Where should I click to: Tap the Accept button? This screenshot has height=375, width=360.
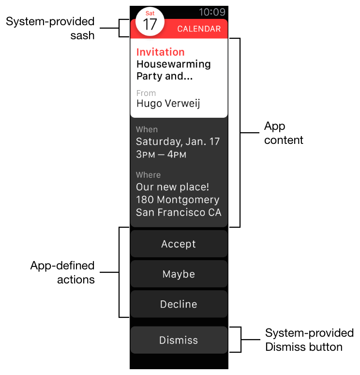(x=179, y=244)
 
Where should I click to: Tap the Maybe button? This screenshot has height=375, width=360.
(x=179, y=274)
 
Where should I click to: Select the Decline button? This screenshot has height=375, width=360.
(x=179, y=304)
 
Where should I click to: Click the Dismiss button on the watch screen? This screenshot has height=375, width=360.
(x=179, y=340)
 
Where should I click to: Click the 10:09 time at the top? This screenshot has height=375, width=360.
(x=212, y=12)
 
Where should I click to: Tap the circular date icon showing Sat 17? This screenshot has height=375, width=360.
(x=150, y=22)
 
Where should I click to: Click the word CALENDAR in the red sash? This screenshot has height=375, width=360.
(x=199, y=29)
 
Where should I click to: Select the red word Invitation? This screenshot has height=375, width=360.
(x=160, y=52)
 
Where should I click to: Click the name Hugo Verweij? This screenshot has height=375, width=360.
(x=168, y=103)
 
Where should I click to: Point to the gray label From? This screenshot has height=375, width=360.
(x=146, y=93)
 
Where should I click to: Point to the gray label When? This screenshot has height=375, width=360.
(x=147, y=129)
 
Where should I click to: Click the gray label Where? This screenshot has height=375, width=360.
(x=148, y=175)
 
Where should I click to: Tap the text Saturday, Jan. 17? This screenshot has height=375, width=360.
(x=178, y=142)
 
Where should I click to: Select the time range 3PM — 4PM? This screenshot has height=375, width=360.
(x=161, y=155)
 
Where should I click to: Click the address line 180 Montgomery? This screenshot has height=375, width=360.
(x=177, y=200)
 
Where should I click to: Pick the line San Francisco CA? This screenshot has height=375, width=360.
(x=179, y=212)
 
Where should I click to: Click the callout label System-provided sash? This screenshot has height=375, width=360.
(x=50, y=28)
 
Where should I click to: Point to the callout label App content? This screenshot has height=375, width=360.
(x=284, y=133)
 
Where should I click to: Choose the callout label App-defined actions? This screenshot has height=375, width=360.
(x=62, y=272)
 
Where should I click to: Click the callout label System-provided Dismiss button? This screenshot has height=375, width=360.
(x=309, y=340)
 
